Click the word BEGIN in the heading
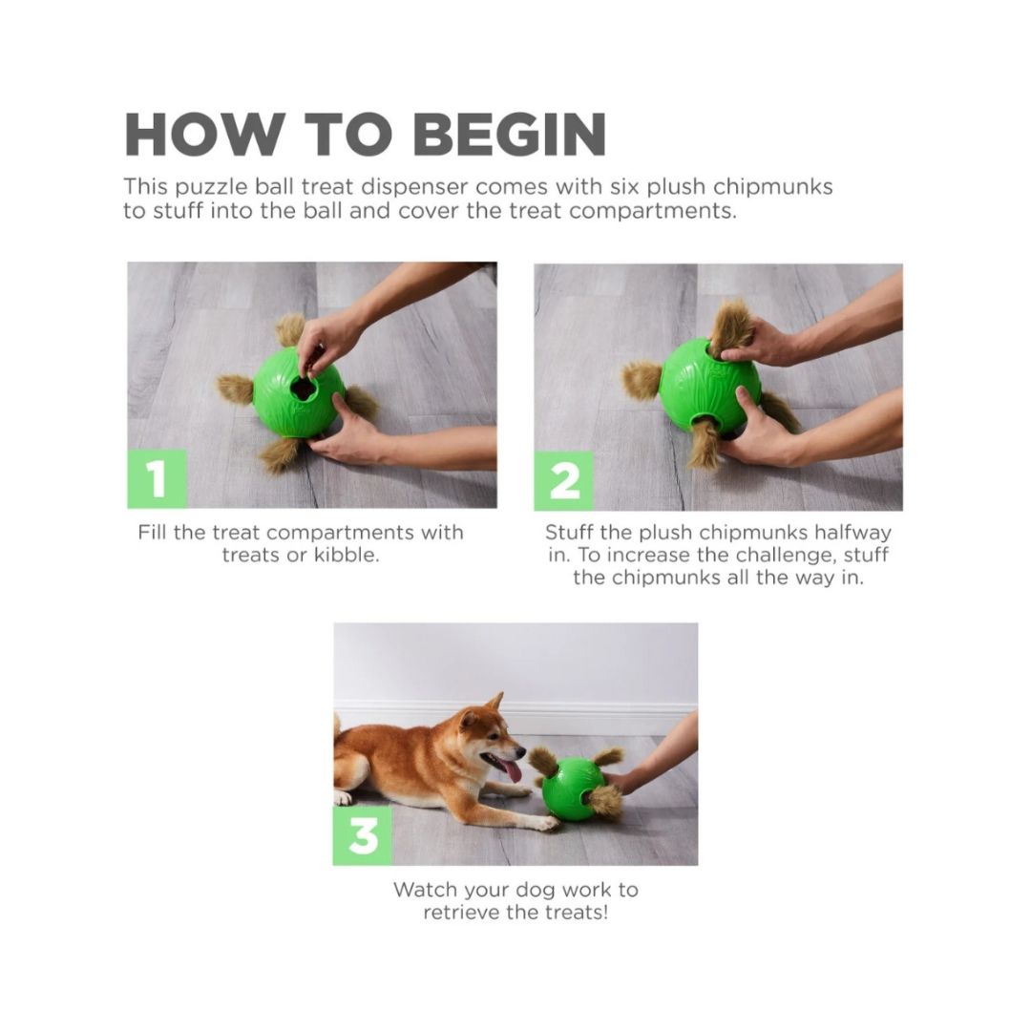(x=510, y=135)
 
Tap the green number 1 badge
(x=158, y=478)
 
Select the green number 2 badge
(x=563, y=481)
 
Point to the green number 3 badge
(x=363, y=835)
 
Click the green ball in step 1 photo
(x=299, y=392)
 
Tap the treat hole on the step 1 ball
(x=305, y=389)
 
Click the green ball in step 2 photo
(x=710, y=386)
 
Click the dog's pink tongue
(x=510, y=769)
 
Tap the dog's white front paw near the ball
(x=546, y=823)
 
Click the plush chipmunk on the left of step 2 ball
(x=642, y=380)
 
